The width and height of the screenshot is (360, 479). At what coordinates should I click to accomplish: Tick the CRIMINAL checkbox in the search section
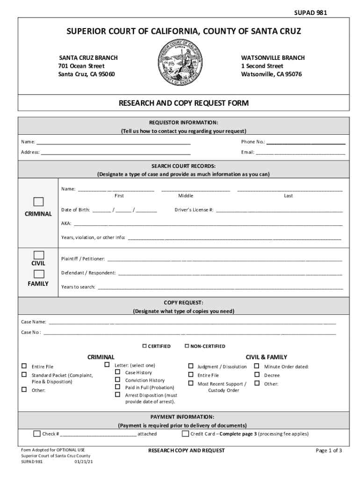[38, 202]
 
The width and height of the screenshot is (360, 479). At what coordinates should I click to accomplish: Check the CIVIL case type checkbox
[38, 255]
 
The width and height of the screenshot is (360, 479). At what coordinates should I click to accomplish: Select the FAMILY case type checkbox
[38, 274]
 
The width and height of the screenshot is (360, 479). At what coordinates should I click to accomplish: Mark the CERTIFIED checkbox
[145, 346]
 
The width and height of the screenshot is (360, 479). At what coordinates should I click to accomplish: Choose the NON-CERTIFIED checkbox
[187, 346]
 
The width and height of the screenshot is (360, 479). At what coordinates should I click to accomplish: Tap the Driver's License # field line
[279, 210]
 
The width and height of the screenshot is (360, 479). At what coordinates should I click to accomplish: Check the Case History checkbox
[118, 372]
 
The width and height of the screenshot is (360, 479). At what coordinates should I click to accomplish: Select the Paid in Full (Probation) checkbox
[118, 387]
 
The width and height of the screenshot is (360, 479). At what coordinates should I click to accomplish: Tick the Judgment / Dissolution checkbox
[191, 366]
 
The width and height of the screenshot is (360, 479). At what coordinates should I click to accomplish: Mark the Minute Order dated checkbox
[257, 366]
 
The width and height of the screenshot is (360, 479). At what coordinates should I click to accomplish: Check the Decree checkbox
[257, 375]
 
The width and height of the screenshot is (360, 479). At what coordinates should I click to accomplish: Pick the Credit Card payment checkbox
[185, 434]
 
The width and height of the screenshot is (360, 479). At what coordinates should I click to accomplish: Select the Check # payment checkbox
[37, 434]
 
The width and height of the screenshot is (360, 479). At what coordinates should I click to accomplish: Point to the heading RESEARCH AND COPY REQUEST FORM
[183, 103]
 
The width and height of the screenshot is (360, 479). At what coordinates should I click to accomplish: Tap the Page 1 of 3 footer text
[329, 450]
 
